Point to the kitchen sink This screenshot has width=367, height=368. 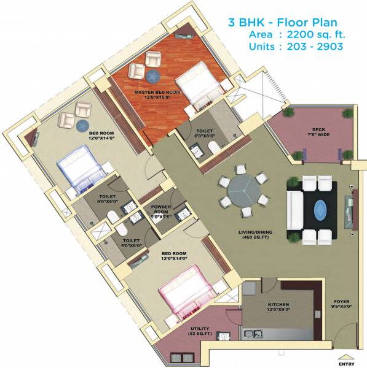(x=254, y=334)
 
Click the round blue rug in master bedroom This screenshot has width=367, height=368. (x=152, y=75)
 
